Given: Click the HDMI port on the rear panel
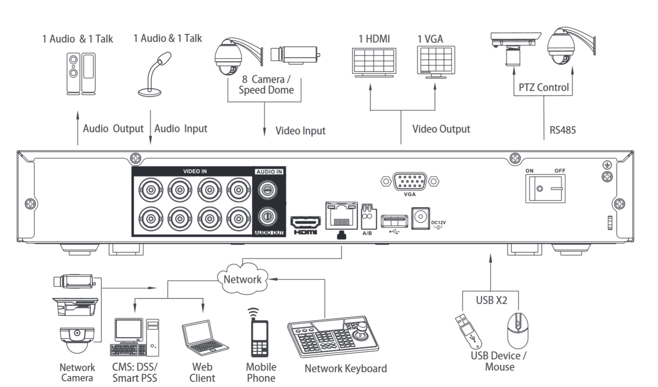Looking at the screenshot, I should [x=305, y=222].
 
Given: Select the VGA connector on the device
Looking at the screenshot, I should [x=409, y=181].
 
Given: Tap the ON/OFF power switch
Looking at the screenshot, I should [x=545, y=189].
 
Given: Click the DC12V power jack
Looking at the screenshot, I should [x=420, y=218].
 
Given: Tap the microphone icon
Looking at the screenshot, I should [x=156, y=74].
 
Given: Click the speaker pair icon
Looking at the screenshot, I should [x=81, y=73].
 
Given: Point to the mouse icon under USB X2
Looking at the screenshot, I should [x=518, y=330].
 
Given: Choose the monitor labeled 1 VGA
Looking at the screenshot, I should [x=436, y=62].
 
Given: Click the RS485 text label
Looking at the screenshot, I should [x=562, y=130].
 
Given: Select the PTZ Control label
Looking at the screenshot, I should [x=544, y=87].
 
